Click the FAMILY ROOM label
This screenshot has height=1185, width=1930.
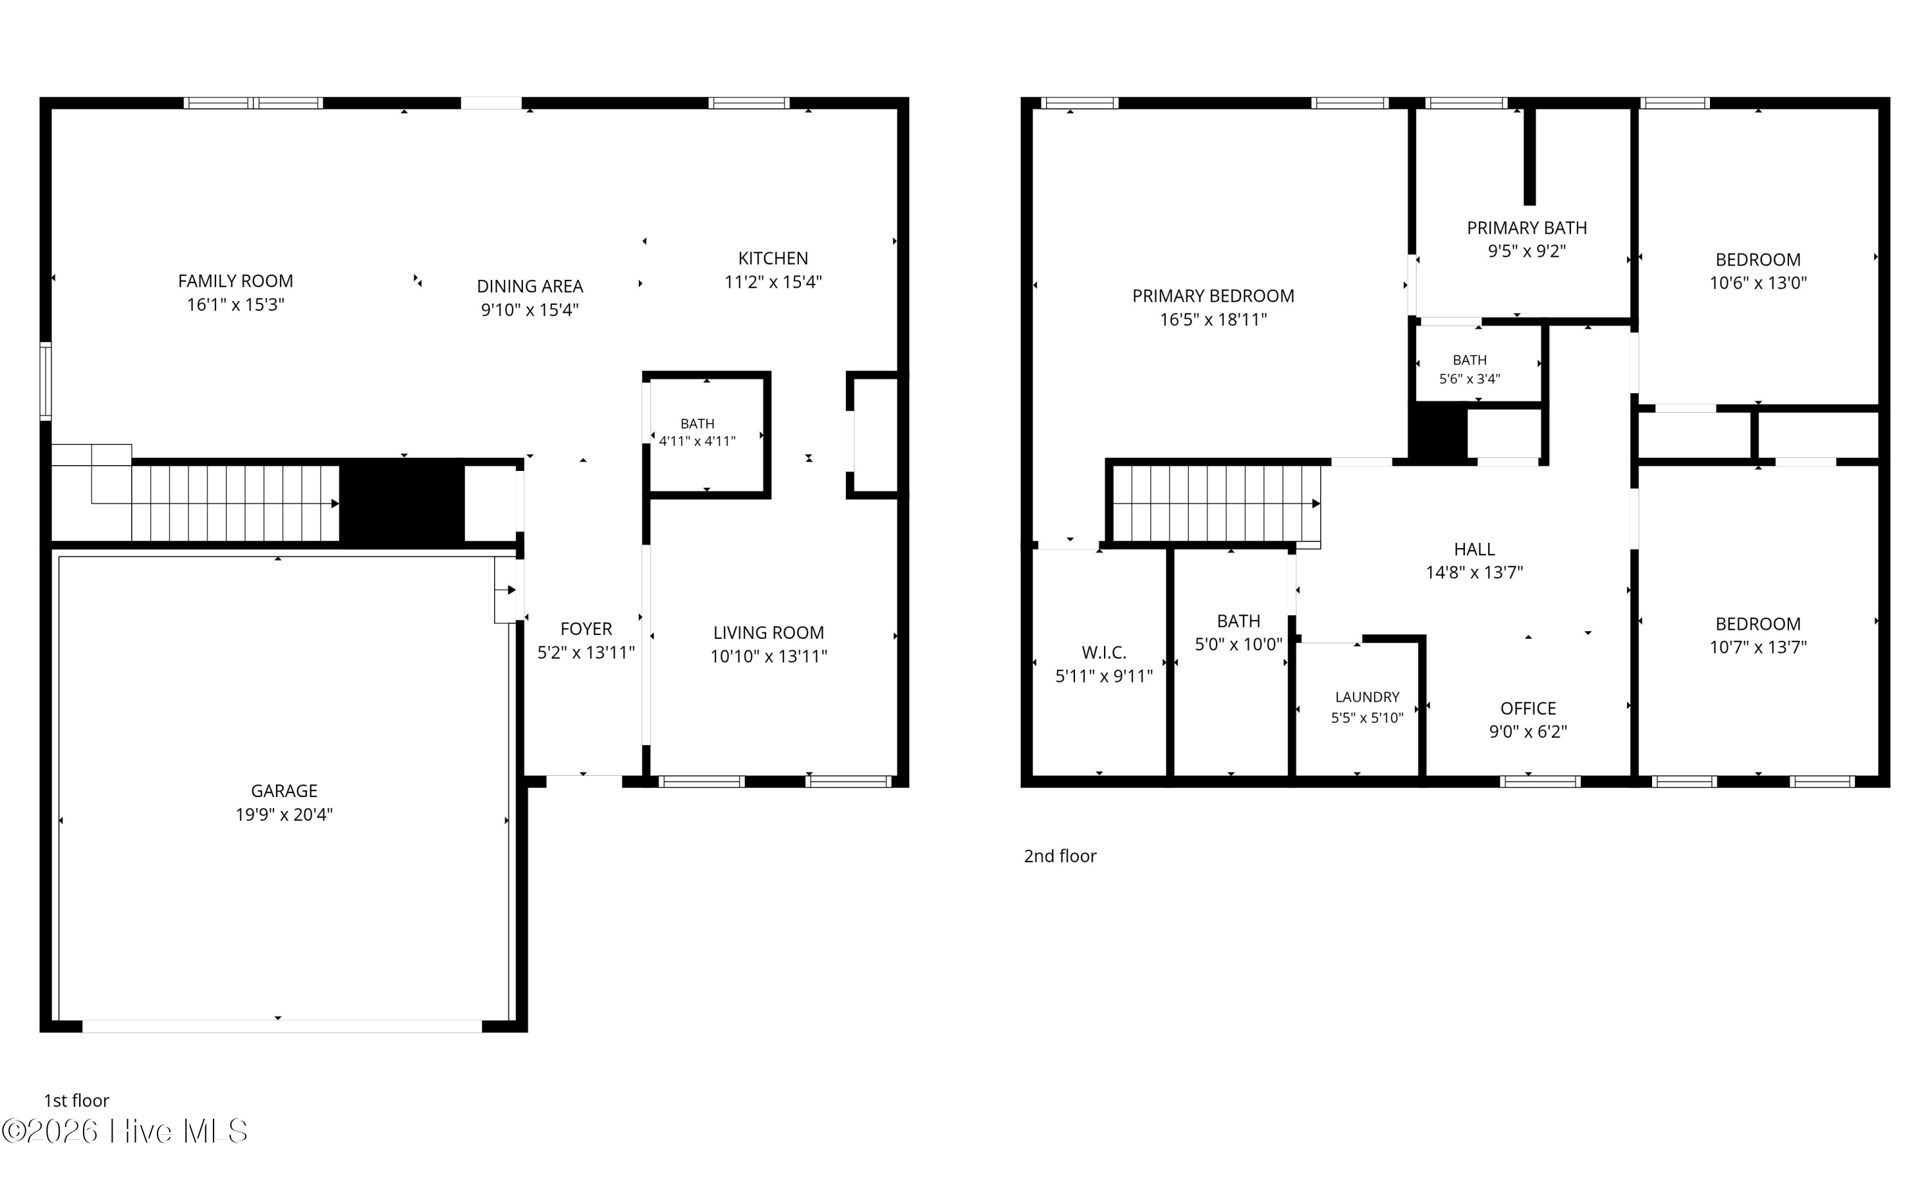pos(235,280)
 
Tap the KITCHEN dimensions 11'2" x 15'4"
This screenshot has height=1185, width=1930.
pos(773,282)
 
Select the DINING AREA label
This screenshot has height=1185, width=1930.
pos(529,286)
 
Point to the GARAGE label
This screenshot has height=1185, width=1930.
pos(284,791)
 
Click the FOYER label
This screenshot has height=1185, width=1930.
pos(586,629)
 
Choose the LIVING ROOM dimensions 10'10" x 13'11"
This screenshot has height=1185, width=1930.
pos(769,657)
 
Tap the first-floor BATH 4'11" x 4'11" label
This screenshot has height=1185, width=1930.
pos(697,432)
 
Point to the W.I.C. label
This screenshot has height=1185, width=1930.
pos(1103,652)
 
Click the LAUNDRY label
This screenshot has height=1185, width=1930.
pos(1366,697)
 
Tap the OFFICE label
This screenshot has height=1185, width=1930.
pos(1528,708)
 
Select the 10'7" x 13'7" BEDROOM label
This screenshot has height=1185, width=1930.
pos(1758,636)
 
